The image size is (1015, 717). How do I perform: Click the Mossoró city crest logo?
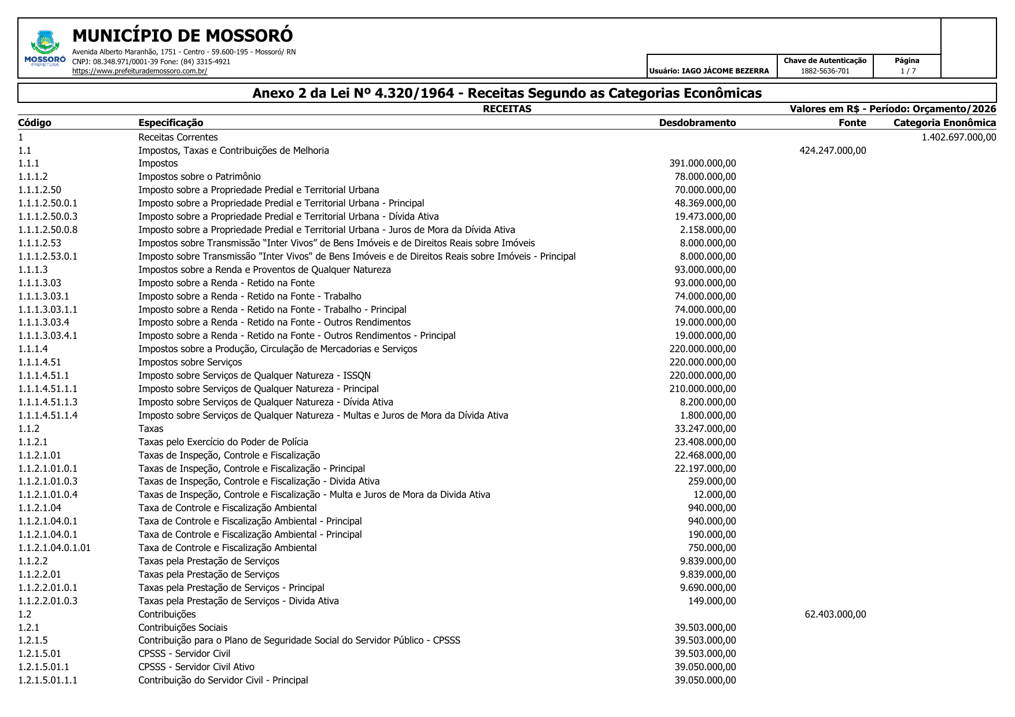click(45, 44)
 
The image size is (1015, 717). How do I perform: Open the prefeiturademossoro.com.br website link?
click(139, 71)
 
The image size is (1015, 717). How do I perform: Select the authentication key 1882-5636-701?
click(825, 71)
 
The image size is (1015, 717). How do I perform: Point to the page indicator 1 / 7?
click(907, 71)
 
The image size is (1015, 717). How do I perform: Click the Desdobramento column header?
click(697, 123)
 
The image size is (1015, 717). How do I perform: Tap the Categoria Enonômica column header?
click(944, 123)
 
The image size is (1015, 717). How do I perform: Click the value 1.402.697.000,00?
click(958, 137)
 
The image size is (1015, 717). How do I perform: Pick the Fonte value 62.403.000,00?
click(835, 614)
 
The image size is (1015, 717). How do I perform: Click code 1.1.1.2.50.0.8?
click(47, 230)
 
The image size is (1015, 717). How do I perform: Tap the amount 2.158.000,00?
click(707, 230)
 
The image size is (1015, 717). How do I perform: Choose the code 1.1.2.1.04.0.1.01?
click(54, 548)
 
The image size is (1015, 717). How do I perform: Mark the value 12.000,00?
click(714, 494)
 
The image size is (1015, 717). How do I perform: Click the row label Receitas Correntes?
click(178, 137)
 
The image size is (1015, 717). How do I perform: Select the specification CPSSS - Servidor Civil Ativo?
click(196, 667)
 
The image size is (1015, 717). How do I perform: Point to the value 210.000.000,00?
click(702, 389)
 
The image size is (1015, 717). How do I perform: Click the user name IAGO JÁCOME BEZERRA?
click(725, 71)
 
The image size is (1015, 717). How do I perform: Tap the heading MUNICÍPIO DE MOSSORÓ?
click(182, 36)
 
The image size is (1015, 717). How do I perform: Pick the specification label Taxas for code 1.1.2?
click(150, 428)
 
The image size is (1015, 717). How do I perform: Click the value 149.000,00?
click(711, 601)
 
